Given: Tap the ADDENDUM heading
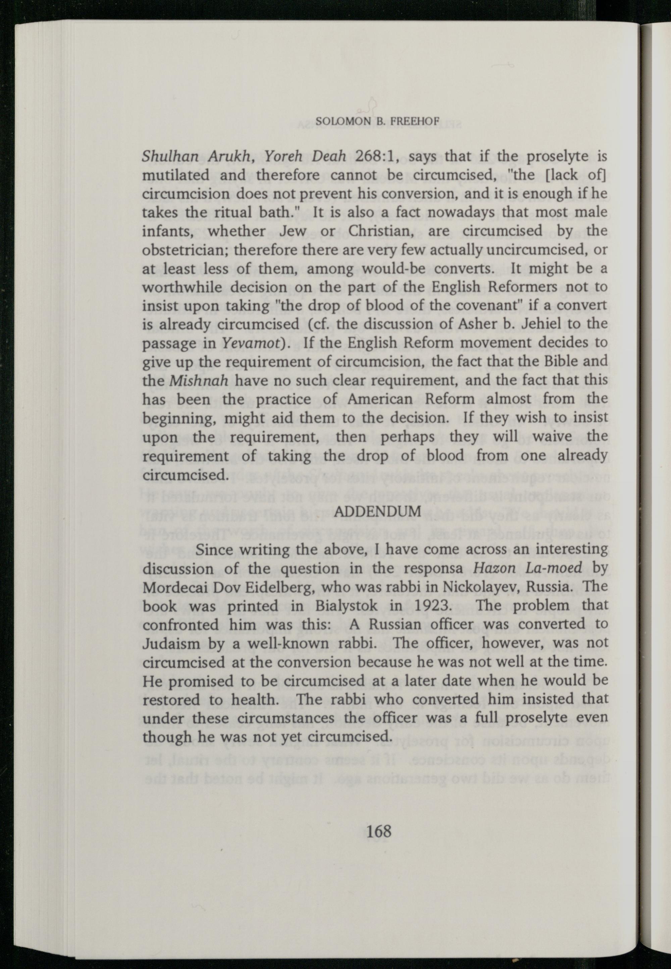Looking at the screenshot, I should click(379, 511).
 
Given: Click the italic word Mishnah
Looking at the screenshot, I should click(198, 381).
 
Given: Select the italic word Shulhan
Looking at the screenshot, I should click(167, 157).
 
